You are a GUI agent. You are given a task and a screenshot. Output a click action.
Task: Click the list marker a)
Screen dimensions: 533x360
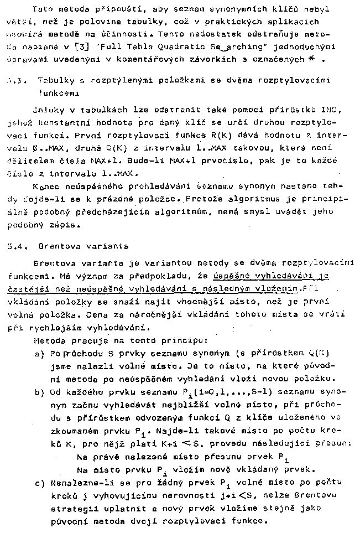click(x=39, y=353)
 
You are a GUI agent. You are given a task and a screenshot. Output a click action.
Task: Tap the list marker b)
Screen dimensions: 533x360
click(x=39, y=394)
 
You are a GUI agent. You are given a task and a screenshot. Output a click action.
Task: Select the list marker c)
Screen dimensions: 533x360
click(x=39, y=483)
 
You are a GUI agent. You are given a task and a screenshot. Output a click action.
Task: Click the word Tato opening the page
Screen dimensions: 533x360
click(x=44, y=9)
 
